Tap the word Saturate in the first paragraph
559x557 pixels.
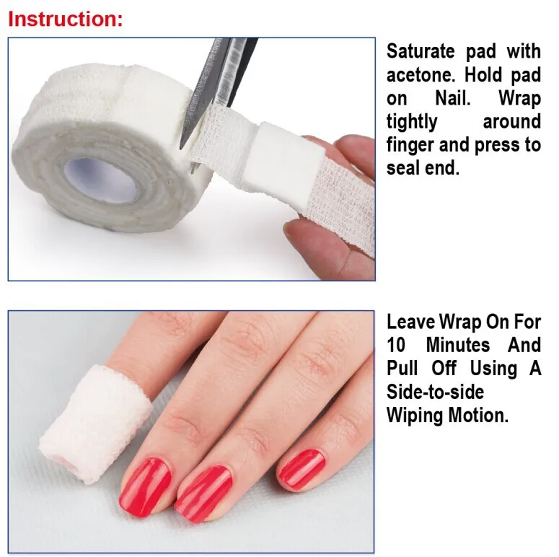click(x=421, y=51)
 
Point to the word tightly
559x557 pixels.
click(x=412, y=121)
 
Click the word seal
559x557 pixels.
click(x=402, y=169)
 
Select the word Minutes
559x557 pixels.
click(x=458, y=345)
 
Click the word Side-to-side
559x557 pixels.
click(x=435, y=392)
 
